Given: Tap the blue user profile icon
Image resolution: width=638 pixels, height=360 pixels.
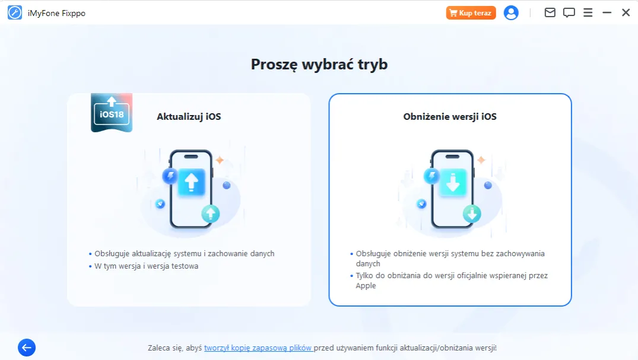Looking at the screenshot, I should (511, 12).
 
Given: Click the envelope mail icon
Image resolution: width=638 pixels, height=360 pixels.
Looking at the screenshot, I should (550, 12).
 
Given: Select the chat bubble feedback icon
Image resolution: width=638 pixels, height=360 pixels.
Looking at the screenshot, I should (569, 12).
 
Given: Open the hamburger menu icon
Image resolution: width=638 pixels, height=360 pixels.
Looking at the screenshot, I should (588, 12).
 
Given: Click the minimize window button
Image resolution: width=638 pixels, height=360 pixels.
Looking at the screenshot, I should (607, 12).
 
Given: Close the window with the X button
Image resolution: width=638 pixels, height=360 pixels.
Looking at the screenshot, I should (626, 12).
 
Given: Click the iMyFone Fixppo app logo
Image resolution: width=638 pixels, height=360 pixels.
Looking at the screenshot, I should (15, 12).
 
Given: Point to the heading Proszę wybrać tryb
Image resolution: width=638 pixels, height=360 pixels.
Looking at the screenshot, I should (319, 64).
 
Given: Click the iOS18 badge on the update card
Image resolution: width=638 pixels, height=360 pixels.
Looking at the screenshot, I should (112, 112).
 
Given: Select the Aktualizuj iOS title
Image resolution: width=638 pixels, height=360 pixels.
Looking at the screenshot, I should (189, 117).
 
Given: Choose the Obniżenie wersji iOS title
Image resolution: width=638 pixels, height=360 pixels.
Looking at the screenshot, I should (450, 117).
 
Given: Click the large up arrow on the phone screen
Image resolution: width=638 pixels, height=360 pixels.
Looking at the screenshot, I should (191, 182).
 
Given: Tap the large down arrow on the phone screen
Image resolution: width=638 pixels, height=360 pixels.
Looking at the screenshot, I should (453, 183).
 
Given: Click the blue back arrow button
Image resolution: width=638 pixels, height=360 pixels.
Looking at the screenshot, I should (27, 348).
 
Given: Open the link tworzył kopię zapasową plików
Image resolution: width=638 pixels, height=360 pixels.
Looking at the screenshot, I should (258, 348).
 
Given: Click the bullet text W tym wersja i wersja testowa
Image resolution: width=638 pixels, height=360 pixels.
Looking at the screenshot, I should (147, 266).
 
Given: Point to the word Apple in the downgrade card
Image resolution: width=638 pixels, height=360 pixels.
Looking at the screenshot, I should (366, 286).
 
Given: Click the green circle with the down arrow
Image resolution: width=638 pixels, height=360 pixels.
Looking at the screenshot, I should (471, 214).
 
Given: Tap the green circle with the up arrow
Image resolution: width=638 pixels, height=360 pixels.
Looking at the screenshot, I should (210, 214).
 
